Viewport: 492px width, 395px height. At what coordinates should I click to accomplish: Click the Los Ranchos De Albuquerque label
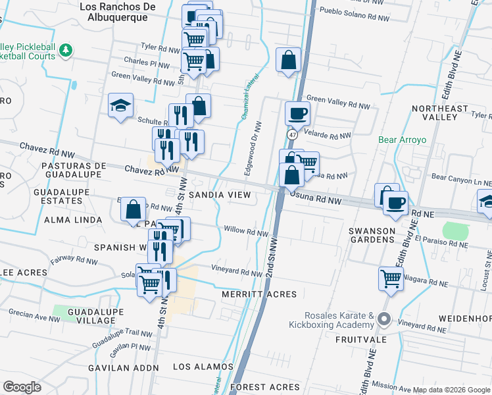[x=117, y=12]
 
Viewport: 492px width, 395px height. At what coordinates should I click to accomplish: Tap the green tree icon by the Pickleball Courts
[x=65, y=51]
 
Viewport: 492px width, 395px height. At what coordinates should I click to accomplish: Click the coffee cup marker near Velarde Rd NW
[x=297, y=113]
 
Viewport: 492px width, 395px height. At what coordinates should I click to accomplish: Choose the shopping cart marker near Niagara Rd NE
[x=391, y=278]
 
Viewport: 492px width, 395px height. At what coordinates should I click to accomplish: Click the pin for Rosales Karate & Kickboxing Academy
[x=385, y=321]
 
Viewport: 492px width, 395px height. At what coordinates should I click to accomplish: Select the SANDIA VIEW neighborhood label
[x=220, y=196]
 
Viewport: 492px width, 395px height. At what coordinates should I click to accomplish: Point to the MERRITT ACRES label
[x=259, y=294]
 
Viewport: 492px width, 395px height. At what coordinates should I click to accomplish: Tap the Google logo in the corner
[x=22, y=387]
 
